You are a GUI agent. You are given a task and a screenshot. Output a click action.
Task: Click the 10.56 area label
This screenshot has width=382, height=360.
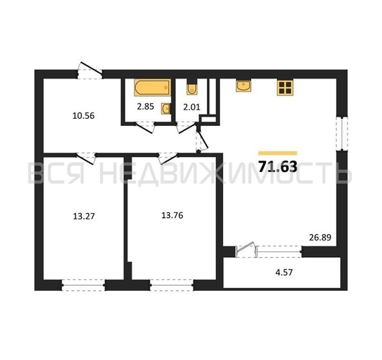83,116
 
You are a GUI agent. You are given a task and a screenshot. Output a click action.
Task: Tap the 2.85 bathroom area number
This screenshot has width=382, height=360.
145,107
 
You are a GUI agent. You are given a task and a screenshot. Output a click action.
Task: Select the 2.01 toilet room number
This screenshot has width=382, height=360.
191,107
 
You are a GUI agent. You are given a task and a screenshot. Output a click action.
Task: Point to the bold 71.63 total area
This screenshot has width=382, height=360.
278,167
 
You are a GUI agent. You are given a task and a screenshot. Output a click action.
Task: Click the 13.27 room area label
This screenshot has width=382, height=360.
83,216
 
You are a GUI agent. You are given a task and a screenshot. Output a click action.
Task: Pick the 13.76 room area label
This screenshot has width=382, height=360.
172,215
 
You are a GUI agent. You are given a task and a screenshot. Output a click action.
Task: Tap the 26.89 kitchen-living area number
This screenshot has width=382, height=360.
320,238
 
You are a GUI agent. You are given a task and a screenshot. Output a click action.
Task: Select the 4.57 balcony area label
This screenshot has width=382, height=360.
284,272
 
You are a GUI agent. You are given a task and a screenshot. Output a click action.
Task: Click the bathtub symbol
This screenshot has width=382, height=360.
153,87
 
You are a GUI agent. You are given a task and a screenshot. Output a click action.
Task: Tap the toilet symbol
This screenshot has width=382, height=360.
192,87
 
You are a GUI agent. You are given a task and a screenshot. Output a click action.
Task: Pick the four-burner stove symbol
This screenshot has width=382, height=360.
285,87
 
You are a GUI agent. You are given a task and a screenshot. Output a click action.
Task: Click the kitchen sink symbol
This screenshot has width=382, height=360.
243,86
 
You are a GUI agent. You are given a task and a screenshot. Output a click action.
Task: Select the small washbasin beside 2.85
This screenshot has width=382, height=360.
165,109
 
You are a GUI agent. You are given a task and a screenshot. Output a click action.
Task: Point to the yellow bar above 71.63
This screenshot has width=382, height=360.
278,153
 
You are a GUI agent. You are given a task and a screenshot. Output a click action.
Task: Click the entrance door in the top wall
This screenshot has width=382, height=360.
90,71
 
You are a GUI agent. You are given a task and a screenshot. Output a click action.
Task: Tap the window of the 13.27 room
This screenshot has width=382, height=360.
83,285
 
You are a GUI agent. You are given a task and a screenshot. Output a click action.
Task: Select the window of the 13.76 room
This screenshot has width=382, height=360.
172,285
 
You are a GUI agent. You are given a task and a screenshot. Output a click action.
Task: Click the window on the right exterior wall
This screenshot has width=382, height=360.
342,133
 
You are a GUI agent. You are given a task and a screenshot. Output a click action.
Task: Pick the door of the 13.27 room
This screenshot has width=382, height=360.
86,158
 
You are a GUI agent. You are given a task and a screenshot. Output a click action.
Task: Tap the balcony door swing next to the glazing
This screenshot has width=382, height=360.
245,249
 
